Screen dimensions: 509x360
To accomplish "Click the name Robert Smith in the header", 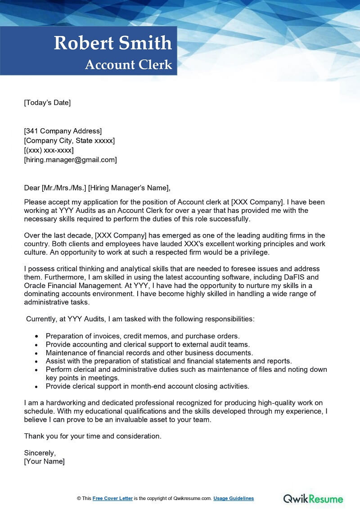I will tap(113, 43).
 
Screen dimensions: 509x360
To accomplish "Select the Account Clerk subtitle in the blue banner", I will tap(129, 65).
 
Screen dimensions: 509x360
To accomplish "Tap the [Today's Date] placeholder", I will tap(47, 103).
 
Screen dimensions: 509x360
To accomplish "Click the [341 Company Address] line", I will tap(63, 131).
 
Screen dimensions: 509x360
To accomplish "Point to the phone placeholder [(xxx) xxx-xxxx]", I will tap(49, 150).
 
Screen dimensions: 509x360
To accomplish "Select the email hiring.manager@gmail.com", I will tap(70, 159).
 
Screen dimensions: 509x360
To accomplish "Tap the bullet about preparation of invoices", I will tap(143, 336).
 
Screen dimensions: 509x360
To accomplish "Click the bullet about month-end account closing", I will tap(148, 386).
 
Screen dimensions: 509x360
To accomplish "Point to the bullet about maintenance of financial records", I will tap(149, 352).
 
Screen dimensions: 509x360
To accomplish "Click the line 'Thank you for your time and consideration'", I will tap(93, 436).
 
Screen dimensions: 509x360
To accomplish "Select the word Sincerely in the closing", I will tap(40, 453).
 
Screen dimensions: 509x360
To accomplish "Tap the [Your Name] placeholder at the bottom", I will tap(45, 461).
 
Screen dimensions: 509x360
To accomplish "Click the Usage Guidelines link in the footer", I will tap(234, 498).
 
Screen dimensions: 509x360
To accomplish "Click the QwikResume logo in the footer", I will tap(313, 498).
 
